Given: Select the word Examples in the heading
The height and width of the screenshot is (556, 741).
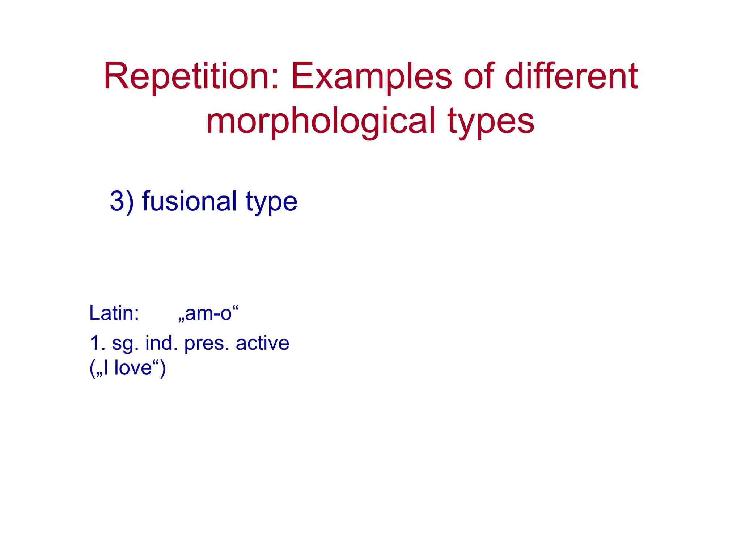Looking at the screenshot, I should coord(371,77).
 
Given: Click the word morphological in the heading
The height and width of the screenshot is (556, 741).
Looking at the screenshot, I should coord(321,122).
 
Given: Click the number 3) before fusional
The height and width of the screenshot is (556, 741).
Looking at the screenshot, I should coord(122,202).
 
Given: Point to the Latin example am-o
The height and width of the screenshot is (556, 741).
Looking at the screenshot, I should coord(208,313).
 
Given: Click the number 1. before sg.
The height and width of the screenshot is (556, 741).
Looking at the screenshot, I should coord(97,343).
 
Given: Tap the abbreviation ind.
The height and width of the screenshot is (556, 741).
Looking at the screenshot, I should coord(161,343).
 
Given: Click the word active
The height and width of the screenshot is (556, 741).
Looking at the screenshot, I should coord(262,343).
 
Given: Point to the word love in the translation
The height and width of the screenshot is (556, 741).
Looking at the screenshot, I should coord(133,368).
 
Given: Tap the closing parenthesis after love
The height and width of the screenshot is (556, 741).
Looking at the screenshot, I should coord(163,368).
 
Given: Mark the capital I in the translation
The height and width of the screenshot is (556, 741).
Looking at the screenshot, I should coord(105,368).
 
